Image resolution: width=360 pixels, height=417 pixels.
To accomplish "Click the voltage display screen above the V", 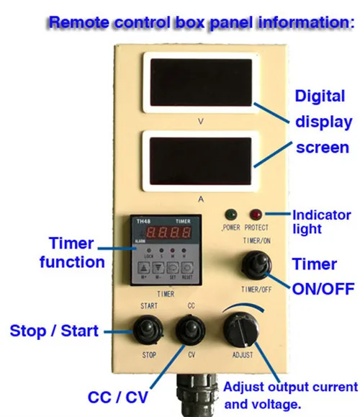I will (x=200, y=84).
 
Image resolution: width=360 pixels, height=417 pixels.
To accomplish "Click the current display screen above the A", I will (x=200, y=162).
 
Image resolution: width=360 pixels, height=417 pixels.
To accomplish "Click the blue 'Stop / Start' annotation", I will (x=54, y=331).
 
